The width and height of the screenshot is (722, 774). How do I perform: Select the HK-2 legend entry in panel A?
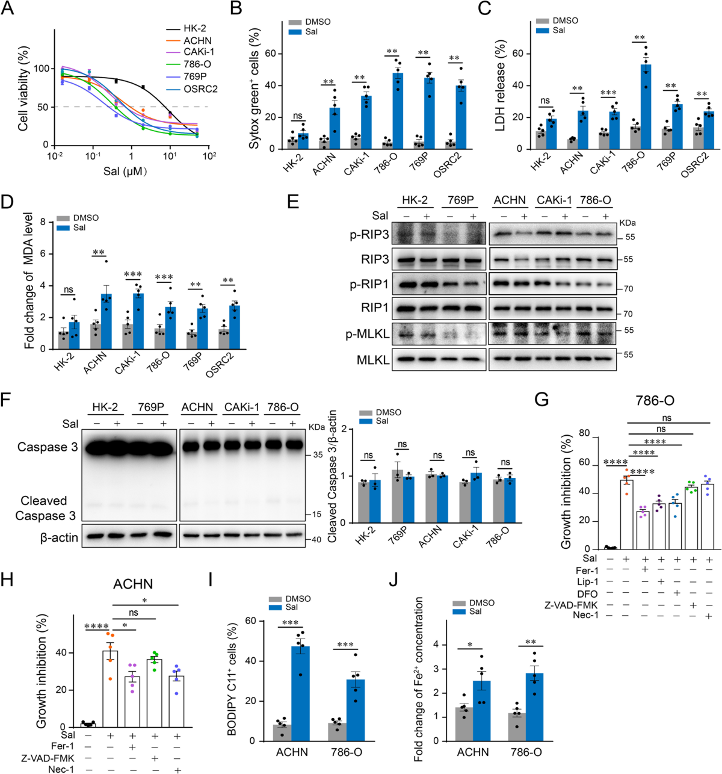point(194,29)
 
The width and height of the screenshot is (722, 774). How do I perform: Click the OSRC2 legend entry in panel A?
point(200,88)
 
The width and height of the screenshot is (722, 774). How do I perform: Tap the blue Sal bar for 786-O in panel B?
point(398,111)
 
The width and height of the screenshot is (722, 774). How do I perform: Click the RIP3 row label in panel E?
point(375,260)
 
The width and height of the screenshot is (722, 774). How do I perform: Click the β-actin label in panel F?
point(59,537)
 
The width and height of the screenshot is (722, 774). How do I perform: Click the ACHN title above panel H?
point(133,584)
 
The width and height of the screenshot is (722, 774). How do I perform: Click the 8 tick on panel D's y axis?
point(43,222)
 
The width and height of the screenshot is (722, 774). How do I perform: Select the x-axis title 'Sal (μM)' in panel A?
point(125,172)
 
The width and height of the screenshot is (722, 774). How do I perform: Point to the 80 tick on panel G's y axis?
point(583,433)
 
